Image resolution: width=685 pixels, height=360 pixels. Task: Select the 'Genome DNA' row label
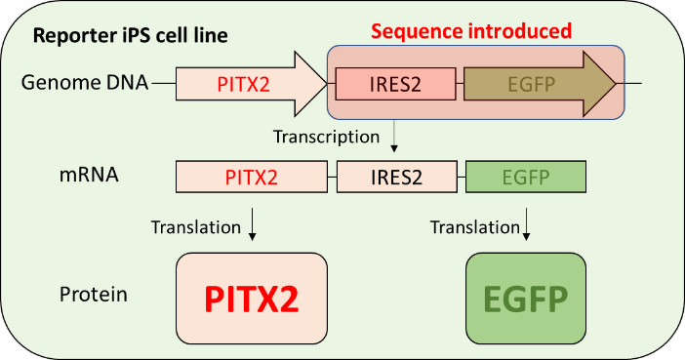pos(85,83)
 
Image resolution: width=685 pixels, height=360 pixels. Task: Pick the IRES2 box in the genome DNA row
pos(395,84)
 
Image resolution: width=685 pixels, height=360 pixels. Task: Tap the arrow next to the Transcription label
pos(393,135)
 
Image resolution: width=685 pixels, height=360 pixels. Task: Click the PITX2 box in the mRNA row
pos(251,177)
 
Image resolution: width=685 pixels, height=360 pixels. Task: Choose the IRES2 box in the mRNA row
pos(395,177)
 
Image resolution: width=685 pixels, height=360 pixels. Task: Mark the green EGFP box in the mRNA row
pos(526,177)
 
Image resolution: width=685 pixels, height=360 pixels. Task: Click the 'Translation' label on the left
pos(195,227)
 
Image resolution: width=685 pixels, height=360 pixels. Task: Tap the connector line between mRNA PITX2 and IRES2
pos(331,177)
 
